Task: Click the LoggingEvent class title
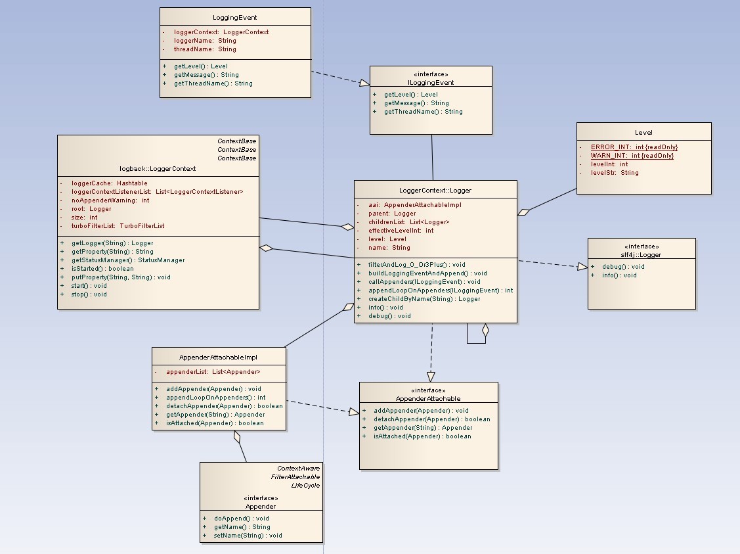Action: [235, 18]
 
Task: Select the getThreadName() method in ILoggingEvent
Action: [423, 112]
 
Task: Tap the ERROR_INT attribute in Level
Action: [634, 147]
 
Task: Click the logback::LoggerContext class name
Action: [158, 169]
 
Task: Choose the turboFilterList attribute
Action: [118, 226]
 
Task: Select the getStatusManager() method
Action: [128, 260]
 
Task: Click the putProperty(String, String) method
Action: [121, 277]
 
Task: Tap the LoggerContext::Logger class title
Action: [435, 191]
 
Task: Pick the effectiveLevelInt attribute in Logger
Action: [401, 231]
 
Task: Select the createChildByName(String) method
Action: [424, 299]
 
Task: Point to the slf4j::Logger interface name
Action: [641, 254]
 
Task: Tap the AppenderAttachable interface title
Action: [428, 399]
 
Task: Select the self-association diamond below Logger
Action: [485, 331]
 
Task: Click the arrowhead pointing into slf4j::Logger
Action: [582, 267]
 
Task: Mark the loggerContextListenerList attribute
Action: [157, 192]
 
